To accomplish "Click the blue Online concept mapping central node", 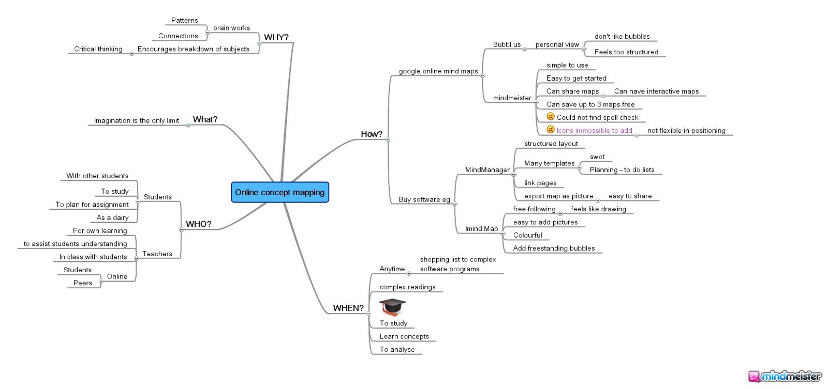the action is coord(280,192).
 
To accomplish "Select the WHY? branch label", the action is coord(276,37).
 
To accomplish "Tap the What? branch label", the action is coord(205,119).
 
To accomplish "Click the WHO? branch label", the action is coord(199,224).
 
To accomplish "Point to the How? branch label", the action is coord(372,134).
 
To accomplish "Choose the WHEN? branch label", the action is coord(348,308).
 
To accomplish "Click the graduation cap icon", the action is coord(393,307).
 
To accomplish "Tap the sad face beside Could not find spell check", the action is coord(551,117).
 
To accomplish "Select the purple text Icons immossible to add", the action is coord(595,131).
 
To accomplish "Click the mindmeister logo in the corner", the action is coord(785,377).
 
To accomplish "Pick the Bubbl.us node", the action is coord(507,44).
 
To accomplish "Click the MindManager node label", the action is coord(487,170).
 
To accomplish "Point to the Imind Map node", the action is coord(481,229).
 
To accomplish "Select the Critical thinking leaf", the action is coord(98,49).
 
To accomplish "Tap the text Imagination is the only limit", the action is coord(137,121).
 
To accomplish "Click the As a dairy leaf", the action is coord(112,218).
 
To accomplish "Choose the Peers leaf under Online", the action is coord(82,283).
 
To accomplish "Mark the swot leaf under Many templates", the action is coord(597,157).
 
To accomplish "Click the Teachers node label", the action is coord(157,254).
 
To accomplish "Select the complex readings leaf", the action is coord(407,287).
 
